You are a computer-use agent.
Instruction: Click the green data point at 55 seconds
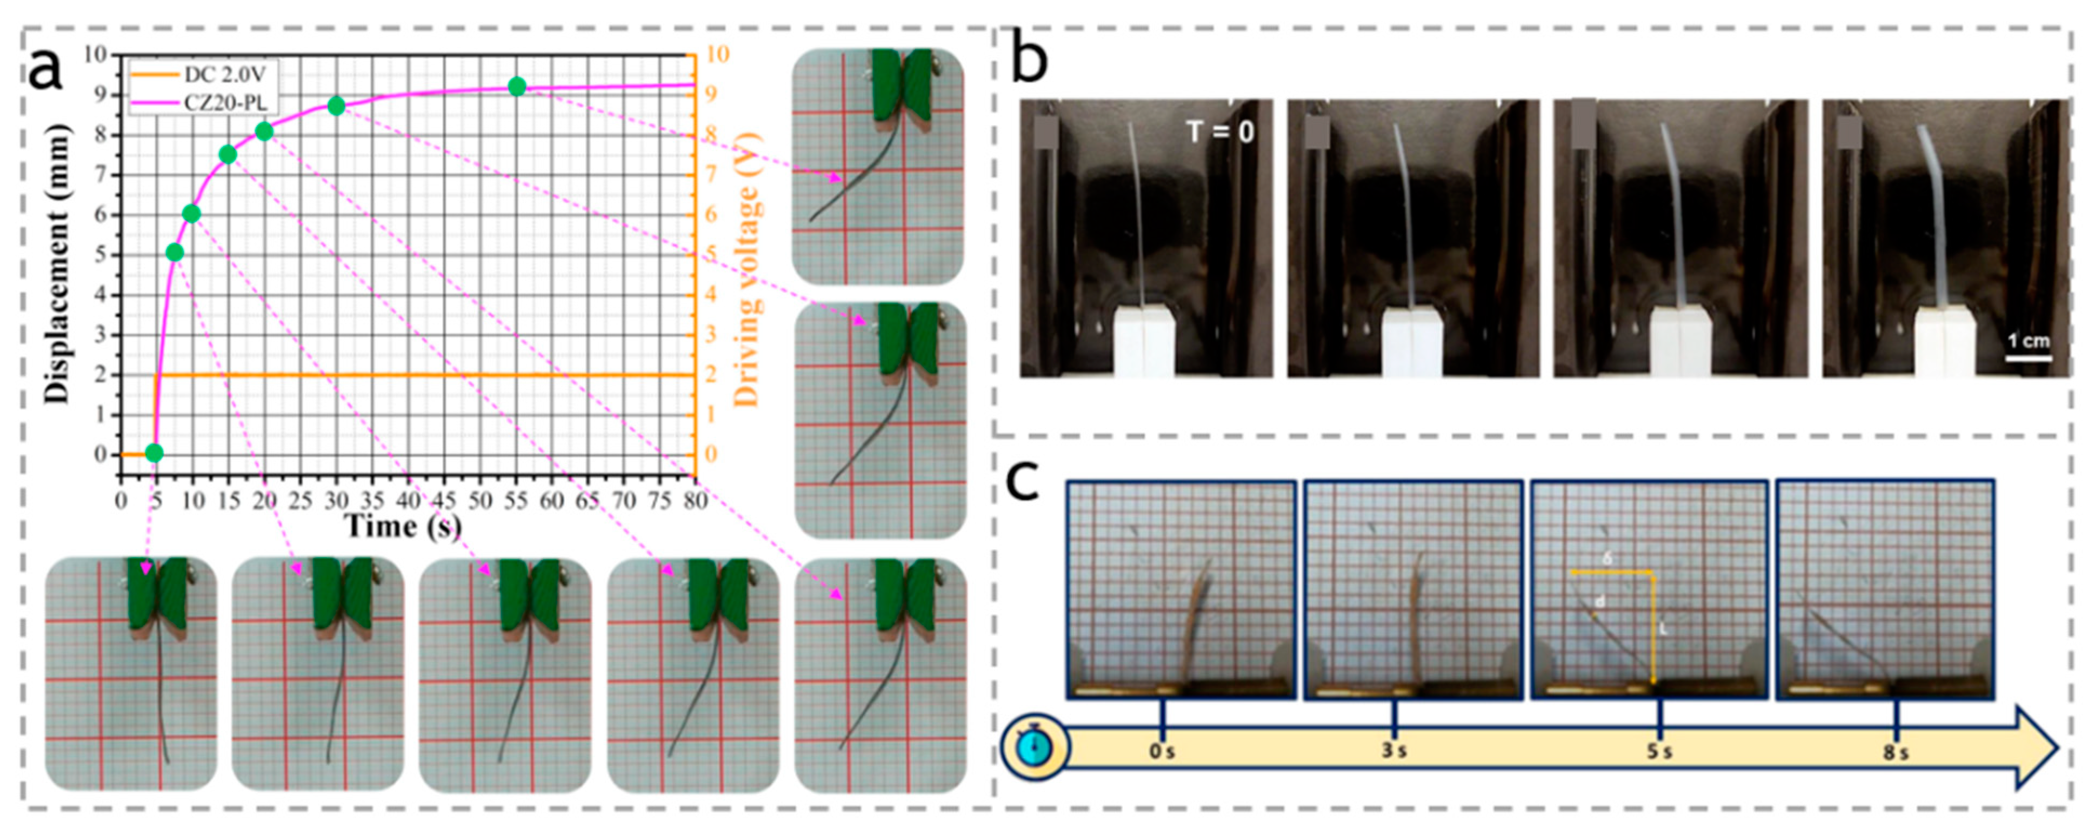tap(517, 87)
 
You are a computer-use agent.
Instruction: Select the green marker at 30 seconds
tap(336, 105)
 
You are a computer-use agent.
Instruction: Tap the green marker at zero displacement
tap(154, 453)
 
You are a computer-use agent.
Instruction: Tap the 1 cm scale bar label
tap(2029, 341)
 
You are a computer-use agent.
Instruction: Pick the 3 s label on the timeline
tap(1393, 751)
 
